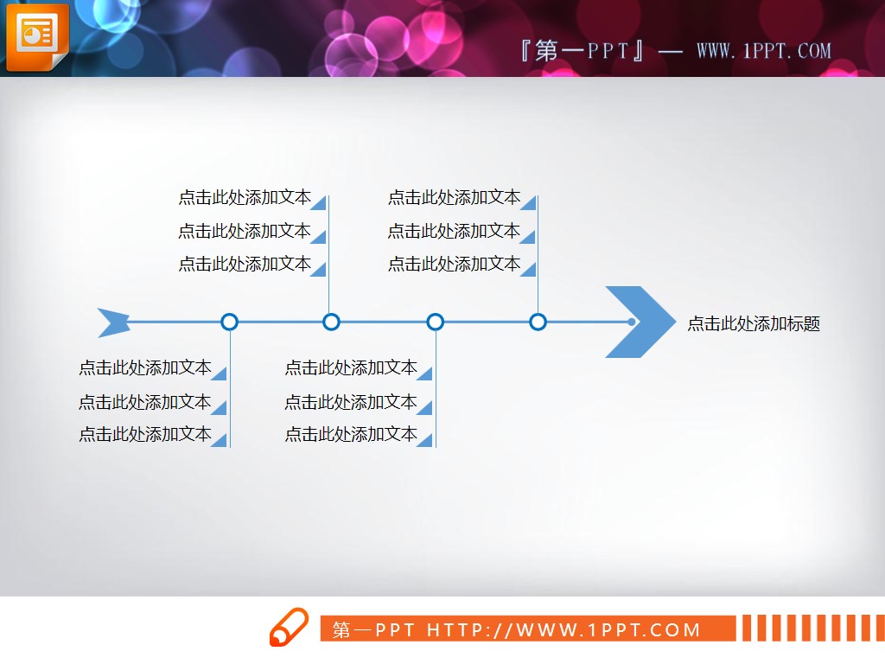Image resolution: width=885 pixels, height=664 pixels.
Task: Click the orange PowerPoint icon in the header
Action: (35, 37)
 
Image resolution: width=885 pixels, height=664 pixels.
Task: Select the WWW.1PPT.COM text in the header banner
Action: (763, 51)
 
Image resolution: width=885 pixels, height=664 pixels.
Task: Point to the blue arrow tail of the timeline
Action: (112, 322)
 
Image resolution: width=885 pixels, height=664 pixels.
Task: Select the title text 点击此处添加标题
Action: (754, 324)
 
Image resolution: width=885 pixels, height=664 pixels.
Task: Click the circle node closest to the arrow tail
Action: (229, 322)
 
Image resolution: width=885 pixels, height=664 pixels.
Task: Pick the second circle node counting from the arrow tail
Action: (331, 322)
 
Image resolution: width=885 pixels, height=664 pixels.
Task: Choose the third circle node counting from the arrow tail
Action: (436, 322)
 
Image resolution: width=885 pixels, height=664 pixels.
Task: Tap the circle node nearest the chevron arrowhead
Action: (538, 322)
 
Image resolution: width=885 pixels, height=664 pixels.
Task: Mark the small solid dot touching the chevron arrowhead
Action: (632, 322)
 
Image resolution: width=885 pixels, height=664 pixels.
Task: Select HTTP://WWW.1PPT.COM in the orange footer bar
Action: (563, 630)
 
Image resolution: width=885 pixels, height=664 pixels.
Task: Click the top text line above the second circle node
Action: (245, 198)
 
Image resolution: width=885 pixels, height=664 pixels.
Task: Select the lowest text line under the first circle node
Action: (145, 435)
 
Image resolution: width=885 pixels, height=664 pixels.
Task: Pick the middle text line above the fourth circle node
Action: (454, 231)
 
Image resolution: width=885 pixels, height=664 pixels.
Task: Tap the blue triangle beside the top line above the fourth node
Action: (528, 203)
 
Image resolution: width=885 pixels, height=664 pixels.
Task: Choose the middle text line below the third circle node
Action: (351, 402)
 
